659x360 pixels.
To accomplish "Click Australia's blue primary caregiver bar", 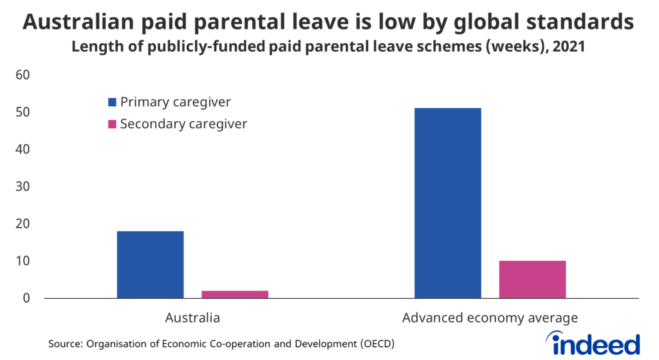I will point(150,264).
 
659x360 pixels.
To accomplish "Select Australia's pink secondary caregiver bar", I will point(235,294).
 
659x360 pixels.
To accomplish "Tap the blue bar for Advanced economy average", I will point(447,203).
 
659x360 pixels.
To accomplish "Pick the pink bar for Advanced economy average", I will point(532,279).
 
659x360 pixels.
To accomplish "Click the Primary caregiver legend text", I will point(175,102).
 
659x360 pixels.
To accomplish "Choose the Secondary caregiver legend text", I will point(183,124).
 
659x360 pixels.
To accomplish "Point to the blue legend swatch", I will point(112,102).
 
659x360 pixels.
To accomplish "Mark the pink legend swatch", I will point(112,124).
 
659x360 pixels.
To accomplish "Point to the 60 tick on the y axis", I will point(23,75).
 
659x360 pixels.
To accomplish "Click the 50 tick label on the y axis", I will point(23,113).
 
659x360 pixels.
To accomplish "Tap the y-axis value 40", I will point(23,149).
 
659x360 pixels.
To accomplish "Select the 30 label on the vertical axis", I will point(23,187).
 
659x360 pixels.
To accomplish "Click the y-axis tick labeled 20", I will point(23,224).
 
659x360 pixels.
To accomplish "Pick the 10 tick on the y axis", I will point(23,261).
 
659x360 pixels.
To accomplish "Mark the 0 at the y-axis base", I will point(27,298).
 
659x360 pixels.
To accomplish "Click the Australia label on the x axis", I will point(192,317).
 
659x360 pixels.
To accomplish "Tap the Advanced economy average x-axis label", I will point(490,317).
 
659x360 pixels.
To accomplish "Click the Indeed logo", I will point(593,343).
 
